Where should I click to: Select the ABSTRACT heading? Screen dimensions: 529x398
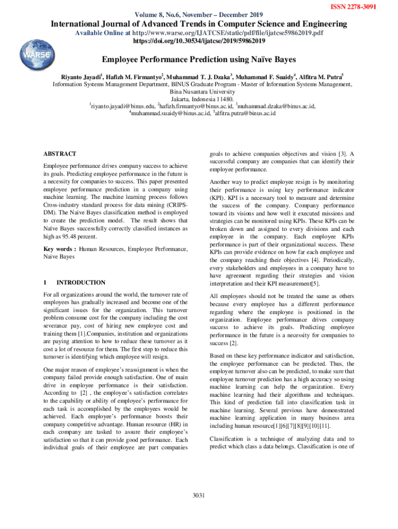(60, 154)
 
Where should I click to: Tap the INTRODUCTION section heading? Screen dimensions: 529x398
(81, 283)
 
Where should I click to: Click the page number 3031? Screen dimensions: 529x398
(198, 495)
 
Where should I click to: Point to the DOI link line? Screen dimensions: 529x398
(199, 41)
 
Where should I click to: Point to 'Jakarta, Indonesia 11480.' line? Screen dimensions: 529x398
(199, 99)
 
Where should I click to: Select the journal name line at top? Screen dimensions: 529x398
(199, 24)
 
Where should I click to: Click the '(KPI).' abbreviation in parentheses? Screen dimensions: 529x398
(218, 197)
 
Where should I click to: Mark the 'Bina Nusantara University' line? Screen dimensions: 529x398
(199, 91)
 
